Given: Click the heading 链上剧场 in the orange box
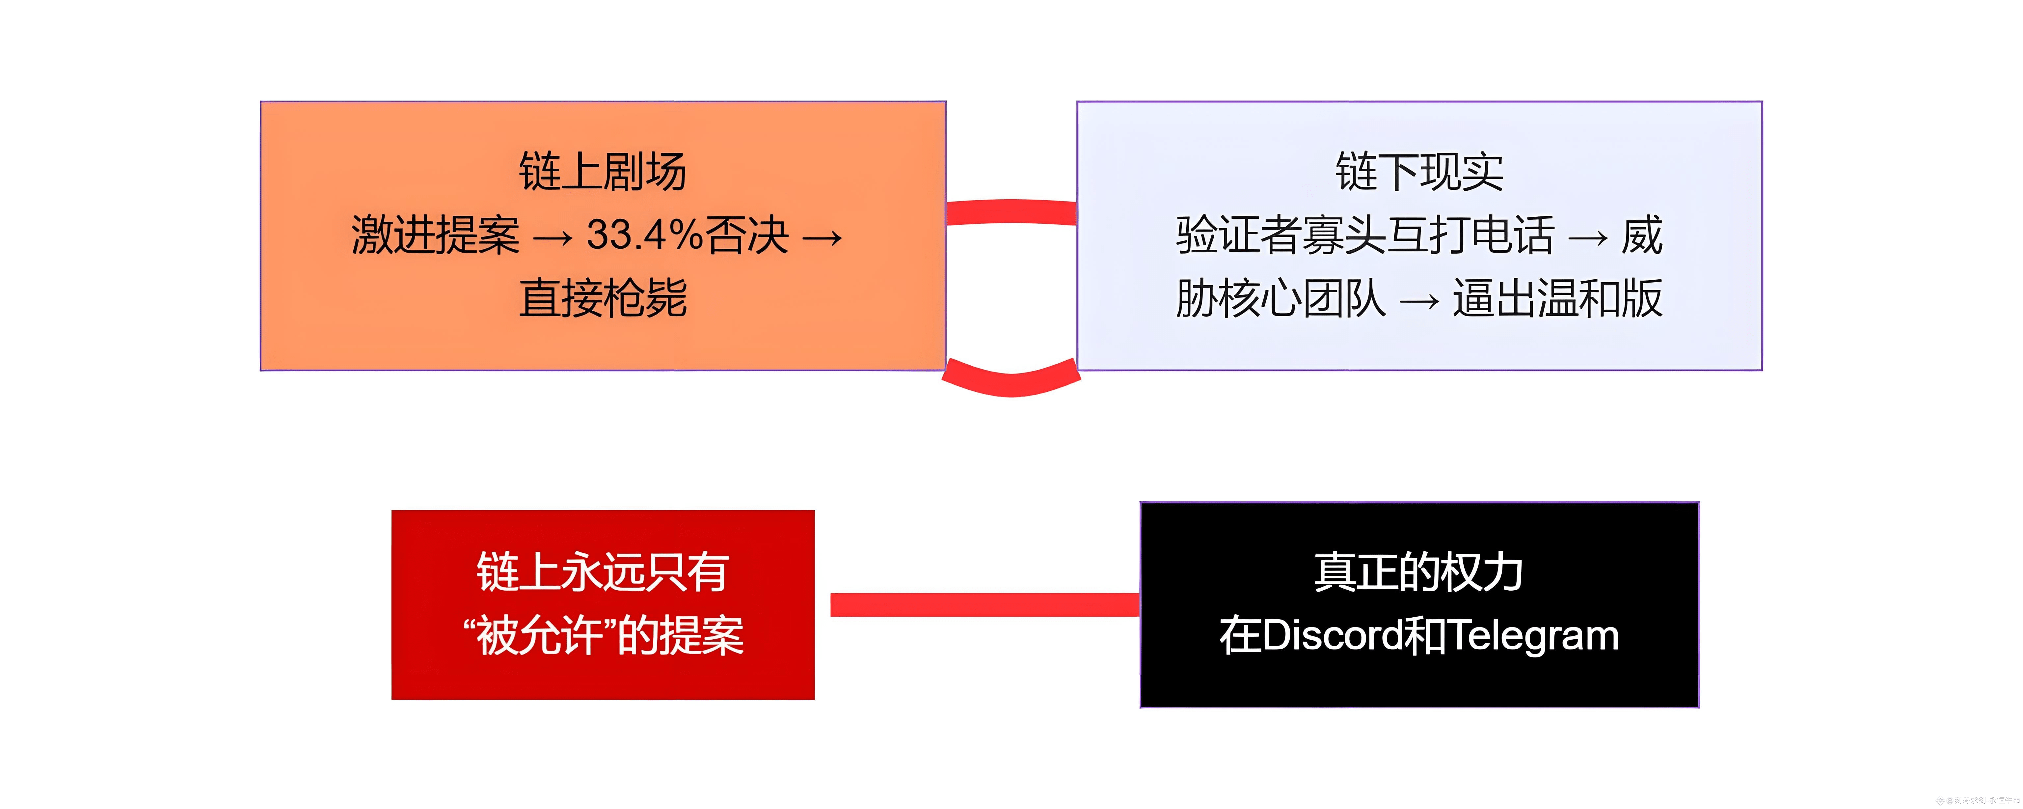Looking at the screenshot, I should [602, 171].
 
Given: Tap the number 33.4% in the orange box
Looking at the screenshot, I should [644, 235].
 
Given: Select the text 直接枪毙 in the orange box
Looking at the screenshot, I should [602, 298].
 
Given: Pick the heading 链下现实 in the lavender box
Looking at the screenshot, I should [1419, 171].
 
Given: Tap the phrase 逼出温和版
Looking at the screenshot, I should [1557, 298].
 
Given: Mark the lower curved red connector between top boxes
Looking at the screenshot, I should [1011, 382].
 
